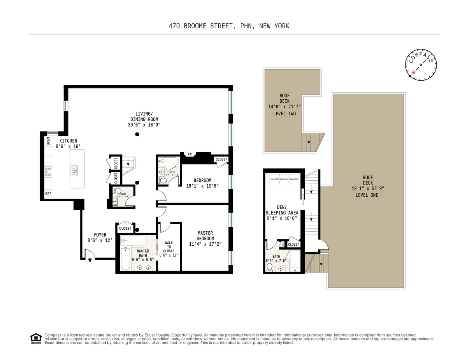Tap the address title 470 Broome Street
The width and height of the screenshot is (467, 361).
pos(229,26)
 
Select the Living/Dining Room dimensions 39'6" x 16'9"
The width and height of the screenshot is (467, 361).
pos(144,125)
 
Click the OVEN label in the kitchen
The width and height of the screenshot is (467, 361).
pos(48,141)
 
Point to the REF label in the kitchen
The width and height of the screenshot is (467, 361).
pos(48,194)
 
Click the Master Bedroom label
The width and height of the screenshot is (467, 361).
pos(205,236)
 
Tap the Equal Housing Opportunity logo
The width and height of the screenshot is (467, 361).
pos(36,338)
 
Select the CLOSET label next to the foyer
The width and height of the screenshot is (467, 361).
pos(125,229)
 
